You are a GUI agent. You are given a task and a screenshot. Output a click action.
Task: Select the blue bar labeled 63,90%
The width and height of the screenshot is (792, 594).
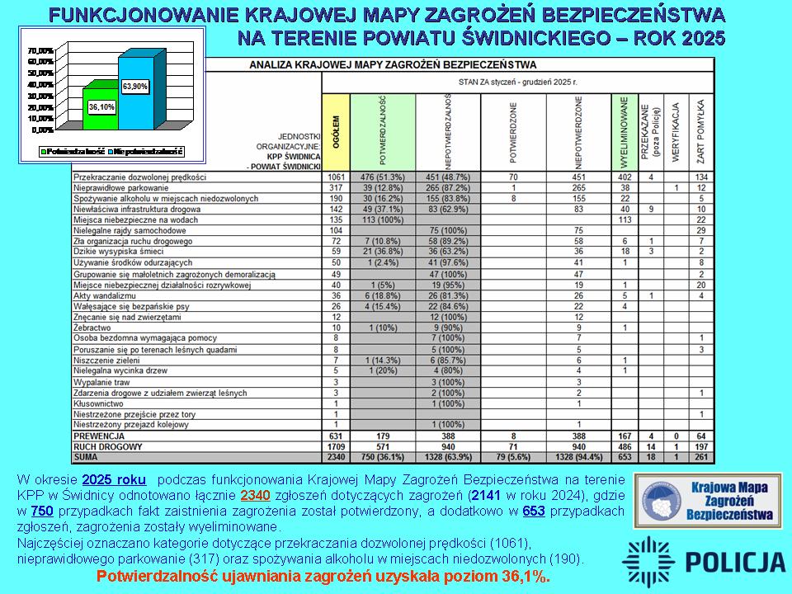(134, 91)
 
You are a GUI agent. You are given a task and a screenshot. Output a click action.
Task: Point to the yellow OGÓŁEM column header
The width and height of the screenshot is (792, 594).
(336, 132)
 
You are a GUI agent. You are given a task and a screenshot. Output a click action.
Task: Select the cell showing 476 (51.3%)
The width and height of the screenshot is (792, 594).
(383, 177)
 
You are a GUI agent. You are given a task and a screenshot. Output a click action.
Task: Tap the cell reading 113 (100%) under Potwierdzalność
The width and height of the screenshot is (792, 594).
(383, 219)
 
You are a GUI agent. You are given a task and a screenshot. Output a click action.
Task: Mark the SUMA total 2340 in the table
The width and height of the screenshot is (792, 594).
(336, 456)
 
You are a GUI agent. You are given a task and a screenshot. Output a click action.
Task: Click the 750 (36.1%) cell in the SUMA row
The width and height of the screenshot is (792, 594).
(383, 456)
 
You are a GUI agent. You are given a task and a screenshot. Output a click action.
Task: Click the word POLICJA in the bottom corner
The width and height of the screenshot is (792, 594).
(736, 562)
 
